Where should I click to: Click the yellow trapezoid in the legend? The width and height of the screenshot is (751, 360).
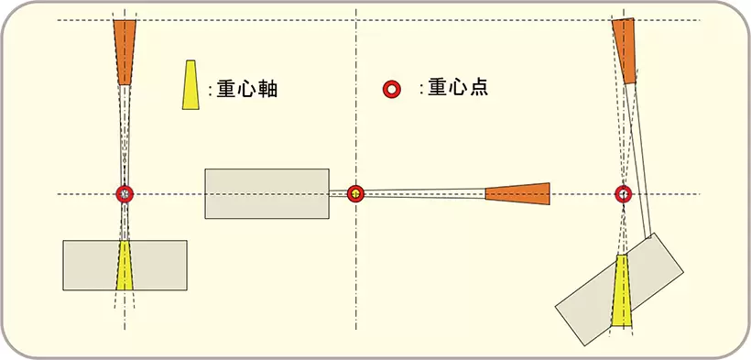coord(190,86)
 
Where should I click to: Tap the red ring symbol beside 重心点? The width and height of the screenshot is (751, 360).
coord(392,89)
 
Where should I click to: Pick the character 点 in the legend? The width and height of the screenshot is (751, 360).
coord(476,88)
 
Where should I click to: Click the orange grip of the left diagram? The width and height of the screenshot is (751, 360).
coord(125,51)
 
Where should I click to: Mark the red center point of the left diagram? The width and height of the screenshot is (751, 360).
coord(125,194)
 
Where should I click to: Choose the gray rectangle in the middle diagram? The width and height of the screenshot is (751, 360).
coord(267,193)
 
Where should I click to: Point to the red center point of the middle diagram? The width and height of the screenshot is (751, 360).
coord(356,194)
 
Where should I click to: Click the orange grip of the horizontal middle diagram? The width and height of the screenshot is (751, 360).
coord(518,192)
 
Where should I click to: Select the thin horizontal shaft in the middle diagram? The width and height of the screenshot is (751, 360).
coord(421,193)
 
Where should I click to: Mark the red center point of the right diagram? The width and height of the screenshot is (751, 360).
coord(623,194)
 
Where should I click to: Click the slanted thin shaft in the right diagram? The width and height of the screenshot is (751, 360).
coord(639,156)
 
